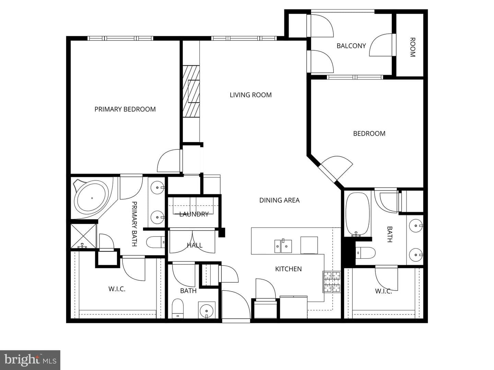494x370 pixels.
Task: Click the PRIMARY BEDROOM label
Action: pos(125,109)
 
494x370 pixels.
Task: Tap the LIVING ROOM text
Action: pos(251,95)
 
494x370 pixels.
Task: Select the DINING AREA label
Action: pos(280,200)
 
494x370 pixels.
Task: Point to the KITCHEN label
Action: pos(288,269)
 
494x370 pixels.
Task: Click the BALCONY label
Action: pos(351,46)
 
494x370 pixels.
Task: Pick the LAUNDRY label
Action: pos(194,214)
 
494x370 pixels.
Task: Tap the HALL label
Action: pos(195,245)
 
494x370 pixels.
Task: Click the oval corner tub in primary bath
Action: pos(92,198)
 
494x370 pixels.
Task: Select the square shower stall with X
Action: pos(83,236)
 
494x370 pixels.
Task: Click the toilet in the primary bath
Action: pos(156,242)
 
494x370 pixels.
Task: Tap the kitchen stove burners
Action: pos(331,282)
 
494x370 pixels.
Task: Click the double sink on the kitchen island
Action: pos(283,246)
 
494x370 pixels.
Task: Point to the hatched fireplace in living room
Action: pos(191,91)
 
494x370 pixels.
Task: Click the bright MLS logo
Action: pos(30,360)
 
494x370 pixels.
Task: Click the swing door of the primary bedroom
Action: pos(169,161)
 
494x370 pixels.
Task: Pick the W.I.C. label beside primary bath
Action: pos(117,289)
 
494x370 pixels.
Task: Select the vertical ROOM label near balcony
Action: pos(413,47)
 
